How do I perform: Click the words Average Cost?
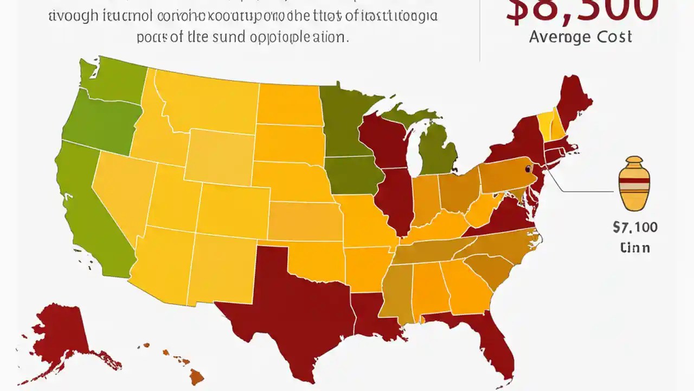click(580, 37)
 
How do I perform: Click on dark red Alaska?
click(62, 331)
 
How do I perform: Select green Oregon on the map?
click(100, 122)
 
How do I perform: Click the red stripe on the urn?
click(634, 180)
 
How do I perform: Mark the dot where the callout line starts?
click(528, 169)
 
